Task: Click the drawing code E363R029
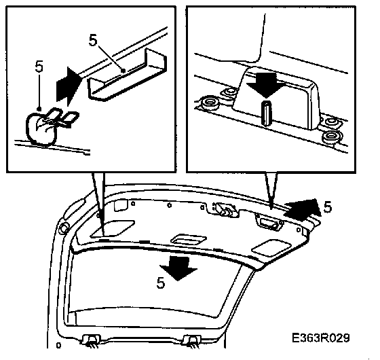[320, 338]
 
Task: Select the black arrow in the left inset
[68, 87]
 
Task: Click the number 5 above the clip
[39, 67]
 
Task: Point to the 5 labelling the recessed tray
[93, 40]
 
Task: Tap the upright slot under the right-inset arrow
[267, 113]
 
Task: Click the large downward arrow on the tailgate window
[178, 268]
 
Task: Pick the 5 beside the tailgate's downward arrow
[161, 283]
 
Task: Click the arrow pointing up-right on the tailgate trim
[303, 209]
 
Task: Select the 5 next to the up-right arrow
[328, 207]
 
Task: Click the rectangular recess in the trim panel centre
[189, 240]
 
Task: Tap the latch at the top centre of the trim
[223, 209]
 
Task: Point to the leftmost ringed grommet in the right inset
[209, 103]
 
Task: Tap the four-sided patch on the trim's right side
[271, 248]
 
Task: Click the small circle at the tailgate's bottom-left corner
[58, 345]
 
